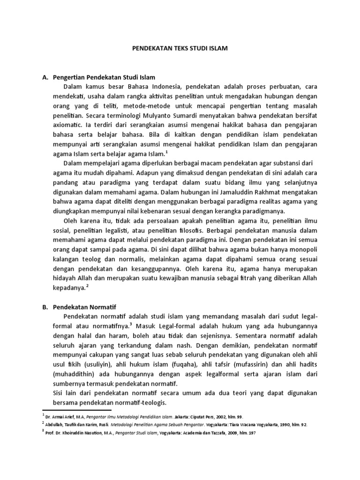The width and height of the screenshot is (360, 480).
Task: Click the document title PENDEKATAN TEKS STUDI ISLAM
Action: click(180, 48)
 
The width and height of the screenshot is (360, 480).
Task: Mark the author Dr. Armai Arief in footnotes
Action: click(66, 416)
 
